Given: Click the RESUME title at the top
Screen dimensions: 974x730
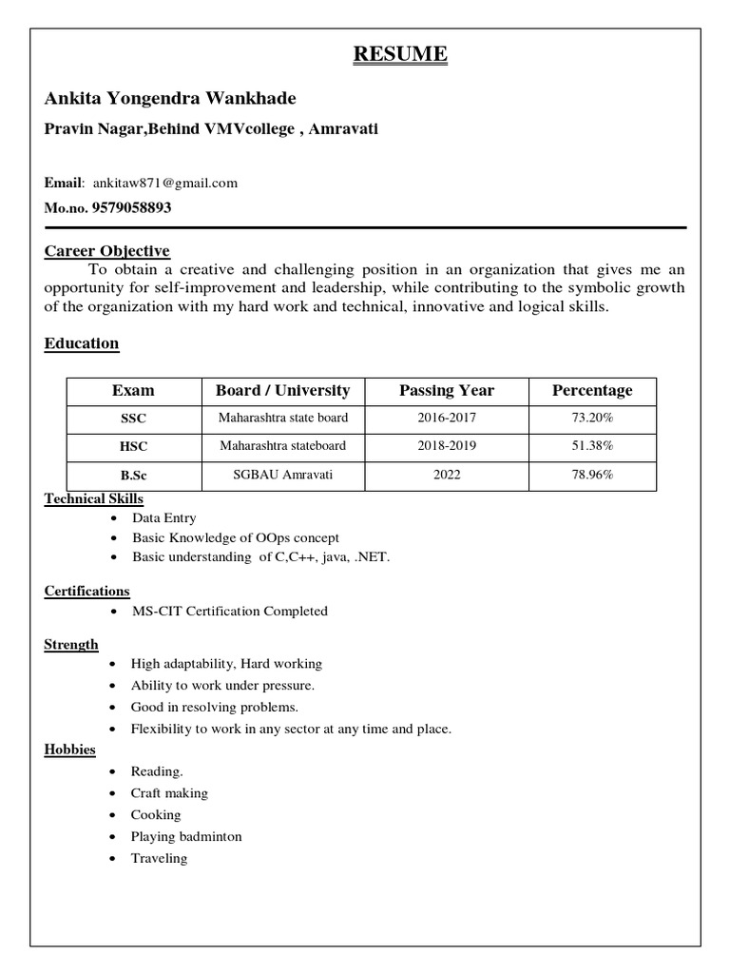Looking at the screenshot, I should (399, 55).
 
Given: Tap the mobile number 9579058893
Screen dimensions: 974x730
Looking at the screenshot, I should (127, 206).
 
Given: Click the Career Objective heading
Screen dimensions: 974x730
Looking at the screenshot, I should (107, 251).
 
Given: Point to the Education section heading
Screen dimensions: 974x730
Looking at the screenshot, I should (82, 343).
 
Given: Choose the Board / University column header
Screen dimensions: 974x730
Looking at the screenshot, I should (282, 390).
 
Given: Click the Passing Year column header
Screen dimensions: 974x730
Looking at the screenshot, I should (447, 390).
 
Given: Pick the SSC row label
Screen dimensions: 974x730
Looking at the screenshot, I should (133, 419).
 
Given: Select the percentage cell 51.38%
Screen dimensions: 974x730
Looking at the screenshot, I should (592, 445).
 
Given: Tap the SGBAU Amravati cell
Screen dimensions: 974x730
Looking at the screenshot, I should (282, 474).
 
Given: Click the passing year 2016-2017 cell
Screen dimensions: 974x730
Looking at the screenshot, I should (447, 418).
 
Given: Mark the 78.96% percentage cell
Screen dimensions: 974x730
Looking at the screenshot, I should (592, 474).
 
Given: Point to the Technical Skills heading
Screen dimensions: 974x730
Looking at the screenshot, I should (94, 498).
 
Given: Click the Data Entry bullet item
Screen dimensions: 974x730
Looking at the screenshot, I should (163, 518).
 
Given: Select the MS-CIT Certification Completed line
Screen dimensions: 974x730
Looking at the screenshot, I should (229, 611).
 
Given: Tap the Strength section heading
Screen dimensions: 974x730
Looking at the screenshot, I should (71, 644).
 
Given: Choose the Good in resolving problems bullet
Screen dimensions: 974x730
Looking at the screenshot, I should (215, 707).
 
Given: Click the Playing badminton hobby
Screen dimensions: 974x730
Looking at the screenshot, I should (186, 836).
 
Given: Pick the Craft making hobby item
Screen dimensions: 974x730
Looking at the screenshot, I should (169, 792).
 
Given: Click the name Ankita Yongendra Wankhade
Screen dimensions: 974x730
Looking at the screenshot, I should (170, 99).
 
